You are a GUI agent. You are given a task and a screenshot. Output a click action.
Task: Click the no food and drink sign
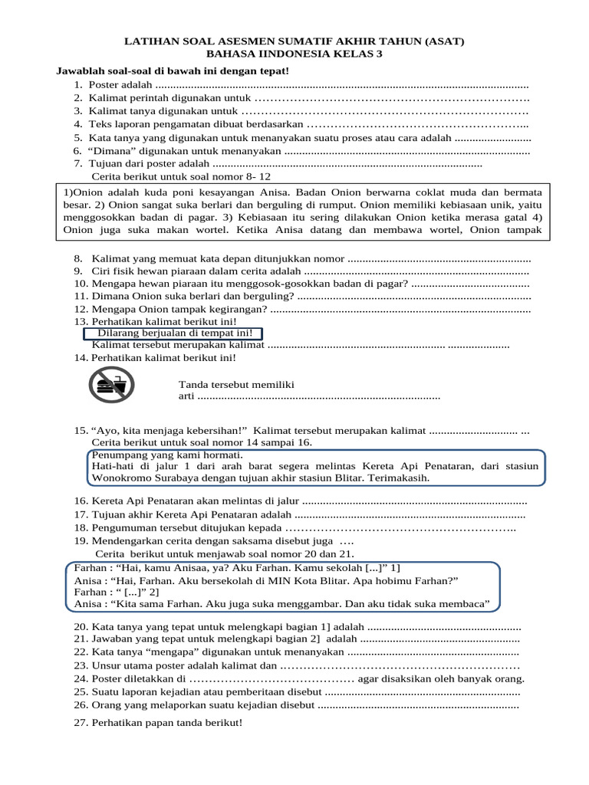click(112, 385)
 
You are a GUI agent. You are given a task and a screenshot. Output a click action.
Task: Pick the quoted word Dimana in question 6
click(114, 152)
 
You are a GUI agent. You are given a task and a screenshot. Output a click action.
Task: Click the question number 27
click(81, 724)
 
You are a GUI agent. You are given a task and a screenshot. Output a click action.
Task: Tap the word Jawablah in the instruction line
click(78, 71)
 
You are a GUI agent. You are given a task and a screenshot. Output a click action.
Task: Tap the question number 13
click(81, 321)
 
